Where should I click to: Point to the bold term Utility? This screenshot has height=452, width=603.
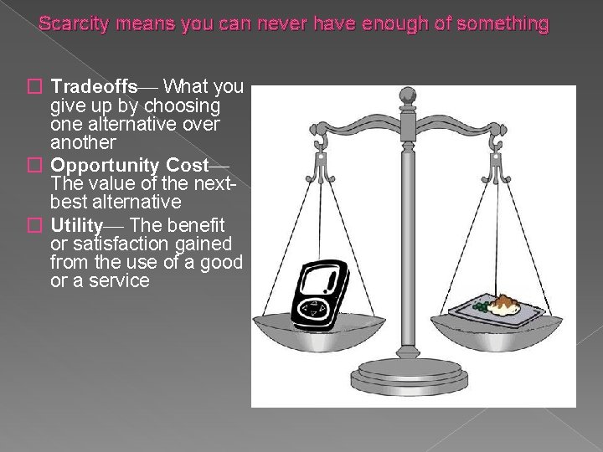point(76,225)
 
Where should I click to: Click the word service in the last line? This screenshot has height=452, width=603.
point(120,280)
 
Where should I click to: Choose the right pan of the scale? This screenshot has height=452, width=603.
point(502,326)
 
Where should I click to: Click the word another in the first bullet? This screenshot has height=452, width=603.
point(83,142)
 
